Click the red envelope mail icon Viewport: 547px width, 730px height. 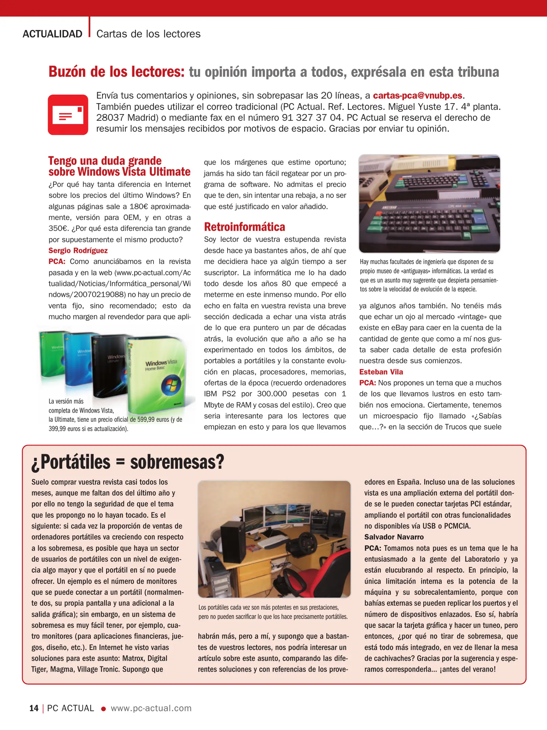pos(68,115)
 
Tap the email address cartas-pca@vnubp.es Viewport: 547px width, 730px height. pos(418,95)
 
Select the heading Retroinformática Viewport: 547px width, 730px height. pos(244,227)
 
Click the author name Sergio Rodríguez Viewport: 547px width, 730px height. pos(78,250)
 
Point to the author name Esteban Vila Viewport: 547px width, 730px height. pos(381,372)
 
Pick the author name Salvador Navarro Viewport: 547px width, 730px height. pos(394,537)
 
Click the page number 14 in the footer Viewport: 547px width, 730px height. pos(34,708)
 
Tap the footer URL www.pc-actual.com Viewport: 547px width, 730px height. pos(151,708)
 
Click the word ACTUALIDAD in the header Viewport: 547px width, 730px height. pos(52,34)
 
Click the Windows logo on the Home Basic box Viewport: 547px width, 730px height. pos(171,386)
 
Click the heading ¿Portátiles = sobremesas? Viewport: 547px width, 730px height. pos(127,462)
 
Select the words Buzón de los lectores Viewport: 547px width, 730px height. pos(116,72)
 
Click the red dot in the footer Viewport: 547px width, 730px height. pos(104,709)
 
